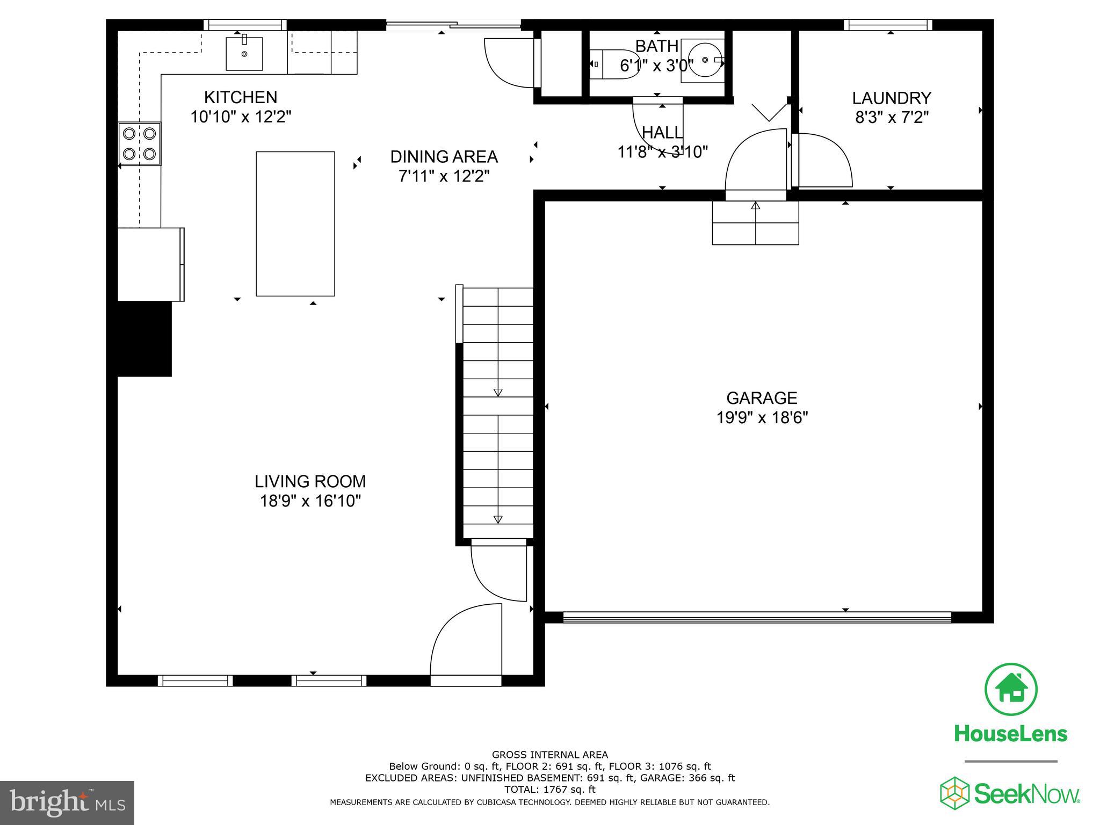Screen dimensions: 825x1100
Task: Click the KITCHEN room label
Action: (241, 97)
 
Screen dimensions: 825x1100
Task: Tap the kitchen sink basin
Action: (244, 54)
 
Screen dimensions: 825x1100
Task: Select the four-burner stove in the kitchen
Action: (140, 143)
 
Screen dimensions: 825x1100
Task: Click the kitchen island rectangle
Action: (295, 223)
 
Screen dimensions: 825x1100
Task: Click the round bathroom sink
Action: (704, 60)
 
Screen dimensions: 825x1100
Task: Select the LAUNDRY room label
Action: (891, 98)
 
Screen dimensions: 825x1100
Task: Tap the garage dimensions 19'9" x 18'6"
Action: (762, 417)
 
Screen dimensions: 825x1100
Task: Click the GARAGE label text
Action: (762, 398)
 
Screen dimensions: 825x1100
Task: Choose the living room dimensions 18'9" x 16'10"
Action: (310, 501)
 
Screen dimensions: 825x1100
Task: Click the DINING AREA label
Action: (444, 157)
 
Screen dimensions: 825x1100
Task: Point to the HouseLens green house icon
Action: (1010, 690)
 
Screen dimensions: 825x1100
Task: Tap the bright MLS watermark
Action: (67, 802)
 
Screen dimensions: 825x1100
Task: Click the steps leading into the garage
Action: (755, 223)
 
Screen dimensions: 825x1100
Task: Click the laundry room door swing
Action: (822, 161)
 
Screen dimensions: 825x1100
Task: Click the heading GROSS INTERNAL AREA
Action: (549, 755)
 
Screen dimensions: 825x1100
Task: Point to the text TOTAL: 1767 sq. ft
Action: (549, 790)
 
